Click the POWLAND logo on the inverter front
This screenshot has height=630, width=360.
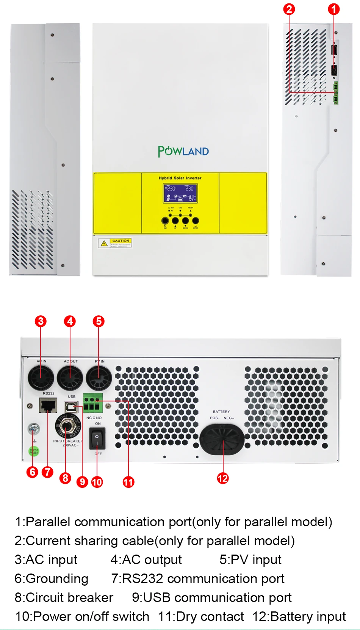point(183,151)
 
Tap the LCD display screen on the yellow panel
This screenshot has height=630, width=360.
point(180,193)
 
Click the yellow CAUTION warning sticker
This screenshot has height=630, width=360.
point(115,243)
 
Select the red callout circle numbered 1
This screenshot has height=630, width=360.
point(333,9)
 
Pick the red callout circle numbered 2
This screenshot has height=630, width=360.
point(289,9)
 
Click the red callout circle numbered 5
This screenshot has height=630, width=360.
point(99,321)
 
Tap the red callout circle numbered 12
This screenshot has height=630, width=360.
point(223,478)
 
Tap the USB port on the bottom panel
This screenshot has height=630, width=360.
point(72,407)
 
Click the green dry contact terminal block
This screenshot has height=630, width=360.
point(92,403)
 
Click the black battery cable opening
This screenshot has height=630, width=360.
point(222,439)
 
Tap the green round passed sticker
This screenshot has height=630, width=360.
point(34,451)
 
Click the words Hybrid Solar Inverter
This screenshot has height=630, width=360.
point(180,178)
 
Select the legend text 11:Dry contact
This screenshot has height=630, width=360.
point(201,616)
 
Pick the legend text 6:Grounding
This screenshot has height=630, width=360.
point(52,578)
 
